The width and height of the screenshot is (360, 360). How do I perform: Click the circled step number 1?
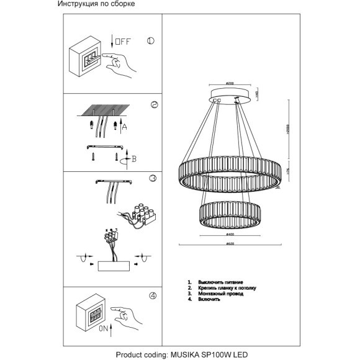pos(150,42)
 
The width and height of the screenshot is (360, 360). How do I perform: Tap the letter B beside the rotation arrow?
pos(133,158)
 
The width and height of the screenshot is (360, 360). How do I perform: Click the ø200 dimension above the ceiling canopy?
pos(228,84)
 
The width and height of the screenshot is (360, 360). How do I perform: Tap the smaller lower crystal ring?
pos(230,212)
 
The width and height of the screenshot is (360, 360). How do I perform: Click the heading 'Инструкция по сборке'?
pos(96,4)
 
